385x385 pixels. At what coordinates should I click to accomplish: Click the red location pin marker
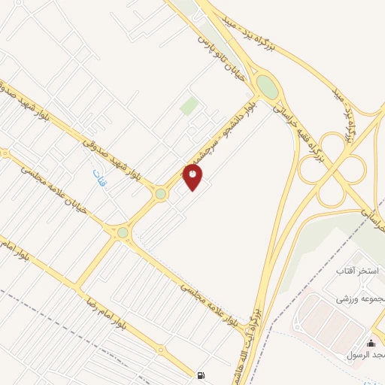(x=192, y=176)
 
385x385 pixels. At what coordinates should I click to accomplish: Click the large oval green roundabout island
(x=266, y=86)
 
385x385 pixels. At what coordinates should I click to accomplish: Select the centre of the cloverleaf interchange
(x=332, y=168)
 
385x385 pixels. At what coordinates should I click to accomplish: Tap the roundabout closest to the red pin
(x=160, y=194)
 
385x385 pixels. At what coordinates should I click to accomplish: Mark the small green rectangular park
(x=189, y=106)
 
